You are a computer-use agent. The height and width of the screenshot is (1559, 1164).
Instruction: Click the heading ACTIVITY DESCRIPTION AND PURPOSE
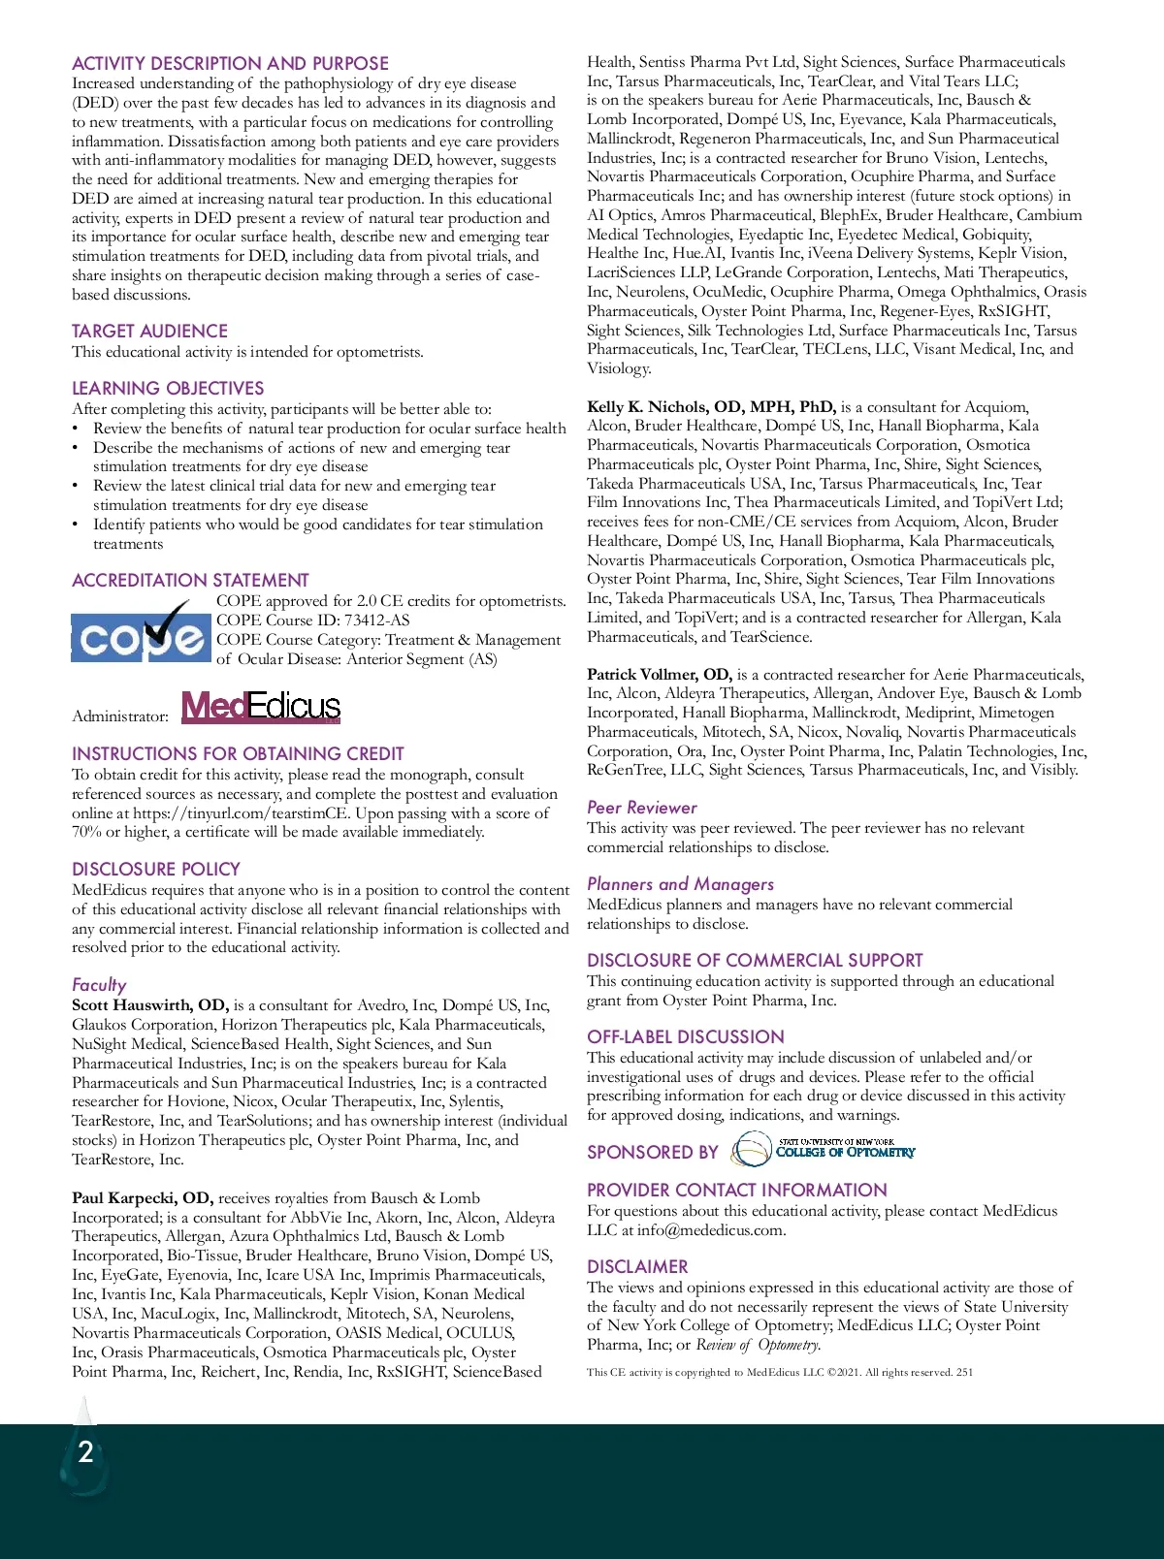coord(230,63)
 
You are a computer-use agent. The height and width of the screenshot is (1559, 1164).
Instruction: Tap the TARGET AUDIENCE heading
coord(149,331)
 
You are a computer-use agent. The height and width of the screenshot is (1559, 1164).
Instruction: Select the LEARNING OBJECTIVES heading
coord(168,388)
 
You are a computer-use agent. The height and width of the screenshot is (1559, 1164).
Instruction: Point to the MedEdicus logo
coord(261,707)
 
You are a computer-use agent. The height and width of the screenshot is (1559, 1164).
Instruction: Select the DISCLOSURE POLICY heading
coord(155,869)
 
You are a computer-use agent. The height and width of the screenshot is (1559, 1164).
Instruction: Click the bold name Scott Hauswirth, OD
coord(149,1005)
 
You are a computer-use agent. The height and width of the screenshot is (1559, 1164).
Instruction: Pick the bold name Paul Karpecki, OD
coord(142,1198)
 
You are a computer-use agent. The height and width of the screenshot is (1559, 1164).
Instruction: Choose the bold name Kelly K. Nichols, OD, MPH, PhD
coord(711,407)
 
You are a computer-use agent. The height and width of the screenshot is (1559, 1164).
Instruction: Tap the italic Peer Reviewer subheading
coord(641,808)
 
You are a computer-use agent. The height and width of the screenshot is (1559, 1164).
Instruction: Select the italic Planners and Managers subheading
coord(680,884)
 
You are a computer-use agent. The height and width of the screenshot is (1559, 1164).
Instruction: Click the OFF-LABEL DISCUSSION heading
coord(685,1036)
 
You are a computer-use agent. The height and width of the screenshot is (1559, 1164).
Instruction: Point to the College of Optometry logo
coord(823,1151)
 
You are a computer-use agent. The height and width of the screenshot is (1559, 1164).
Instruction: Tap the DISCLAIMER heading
coord(637,1266)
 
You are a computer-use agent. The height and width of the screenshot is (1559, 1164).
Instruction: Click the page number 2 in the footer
coord(85,1451)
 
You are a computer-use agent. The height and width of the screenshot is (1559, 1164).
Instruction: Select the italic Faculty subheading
coord(99,984)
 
